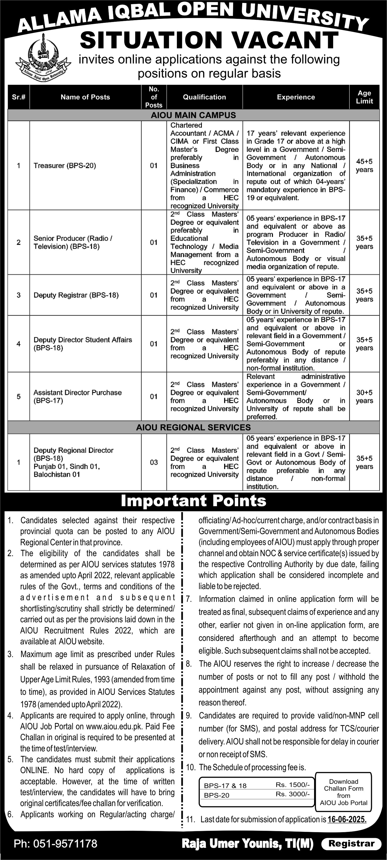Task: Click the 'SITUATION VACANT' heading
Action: [209, 40]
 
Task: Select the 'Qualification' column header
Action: [204, 97]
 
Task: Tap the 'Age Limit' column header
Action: [364, 97]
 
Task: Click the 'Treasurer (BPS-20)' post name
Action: [65, 165]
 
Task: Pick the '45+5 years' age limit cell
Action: [364, 165]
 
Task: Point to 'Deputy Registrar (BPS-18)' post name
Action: [76, 295]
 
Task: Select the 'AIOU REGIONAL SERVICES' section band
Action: [193, 427]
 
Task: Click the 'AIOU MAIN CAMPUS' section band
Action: [193, 115]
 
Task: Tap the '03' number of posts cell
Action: [154, 462]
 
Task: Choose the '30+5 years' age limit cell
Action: [364, 397]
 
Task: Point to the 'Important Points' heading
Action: [193, 501]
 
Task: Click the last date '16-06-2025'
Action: [347, 819]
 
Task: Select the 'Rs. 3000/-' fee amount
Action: [293, 794]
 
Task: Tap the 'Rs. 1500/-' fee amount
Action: [293, 784]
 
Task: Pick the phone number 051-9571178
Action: [55, 844]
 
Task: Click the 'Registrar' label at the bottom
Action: [351, 844]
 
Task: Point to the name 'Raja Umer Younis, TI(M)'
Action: [247, 844]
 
